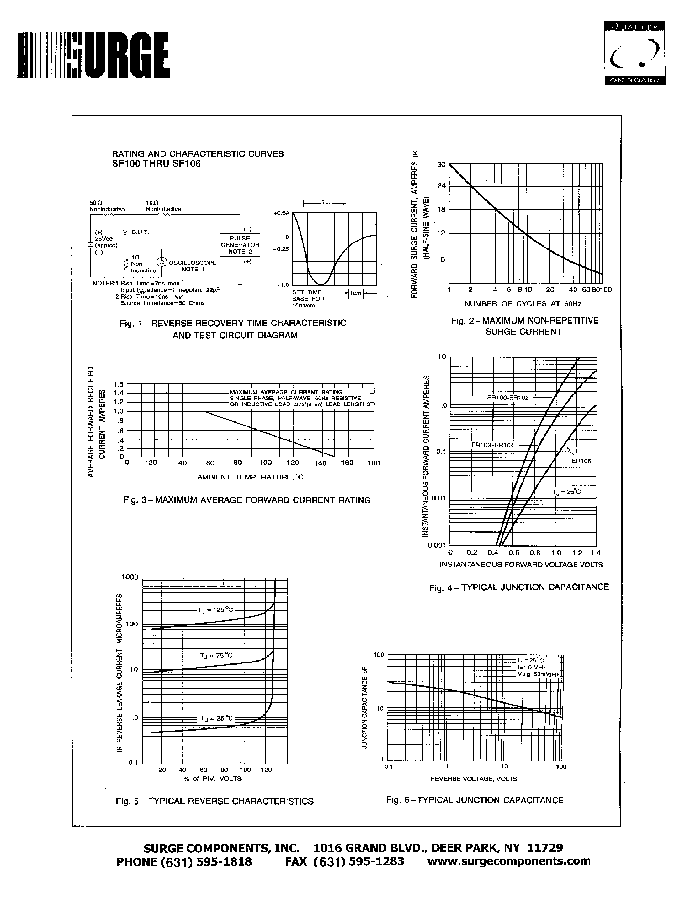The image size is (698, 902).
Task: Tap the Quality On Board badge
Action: point(634,53)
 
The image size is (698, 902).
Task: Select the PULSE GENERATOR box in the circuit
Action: point(240,244)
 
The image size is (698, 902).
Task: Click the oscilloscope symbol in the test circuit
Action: point(161,262)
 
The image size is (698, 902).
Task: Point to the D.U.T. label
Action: point(140,232)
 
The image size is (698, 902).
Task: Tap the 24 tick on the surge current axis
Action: point(441,186)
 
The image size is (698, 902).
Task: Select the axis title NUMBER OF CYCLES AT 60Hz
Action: point(522,303)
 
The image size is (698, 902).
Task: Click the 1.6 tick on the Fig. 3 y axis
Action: point(118,384)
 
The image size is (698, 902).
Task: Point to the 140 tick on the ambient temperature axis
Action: point(320,463)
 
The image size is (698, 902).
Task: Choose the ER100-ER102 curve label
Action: point(508,397)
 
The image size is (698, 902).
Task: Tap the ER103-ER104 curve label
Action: point(492,445)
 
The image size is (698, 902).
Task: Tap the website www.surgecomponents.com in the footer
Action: point(508,861)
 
